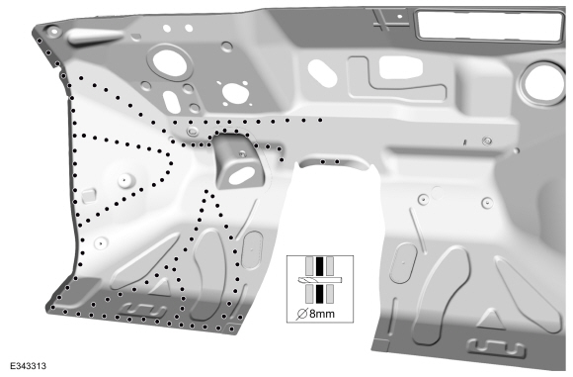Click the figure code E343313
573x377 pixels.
[28, 366]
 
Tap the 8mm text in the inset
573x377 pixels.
[322, 314]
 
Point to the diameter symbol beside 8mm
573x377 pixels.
[302, 314]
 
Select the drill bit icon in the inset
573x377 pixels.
[320, 280]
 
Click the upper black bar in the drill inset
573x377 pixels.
[320, 266]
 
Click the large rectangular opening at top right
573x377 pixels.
[490, 25]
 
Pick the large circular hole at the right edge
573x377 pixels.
[542, 84]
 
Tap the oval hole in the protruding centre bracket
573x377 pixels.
[242, 176]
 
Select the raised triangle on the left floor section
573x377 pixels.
[161, 287]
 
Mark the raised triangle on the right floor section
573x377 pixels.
[491, 320]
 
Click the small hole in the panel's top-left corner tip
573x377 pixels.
[54, 31]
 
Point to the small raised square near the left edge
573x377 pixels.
[89, 196]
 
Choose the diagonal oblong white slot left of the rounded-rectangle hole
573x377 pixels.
[322, 73]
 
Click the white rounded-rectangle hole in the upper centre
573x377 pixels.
[400, 67]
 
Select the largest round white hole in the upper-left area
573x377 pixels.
[170, 63]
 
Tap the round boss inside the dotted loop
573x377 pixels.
[124, 180]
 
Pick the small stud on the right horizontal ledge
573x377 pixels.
[486, 141]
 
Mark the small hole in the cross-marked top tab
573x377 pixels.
[400, 17]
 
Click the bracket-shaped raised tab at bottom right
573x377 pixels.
[497, 347]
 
